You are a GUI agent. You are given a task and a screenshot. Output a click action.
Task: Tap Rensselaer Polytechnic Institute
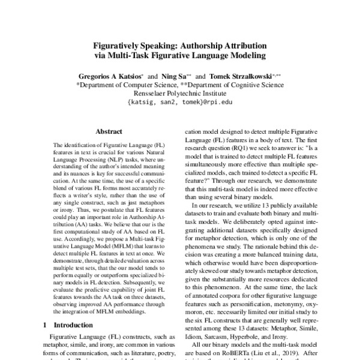pyautogui.click(x=179, y=94)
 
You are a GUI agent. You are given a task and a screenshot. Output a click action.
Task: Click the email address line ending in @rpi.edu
pyautogui.click(x=179, y=103)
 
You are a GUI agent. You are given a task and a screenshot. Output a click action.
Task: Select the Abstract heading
pyautogui.click(x=109, y=131)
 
